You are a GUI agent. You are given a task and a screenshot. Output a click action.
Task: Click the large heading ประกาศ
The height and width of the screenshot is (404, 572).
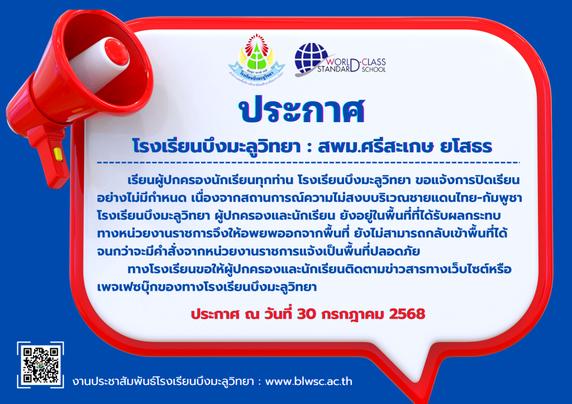pyautogui.click(x=302, y=109)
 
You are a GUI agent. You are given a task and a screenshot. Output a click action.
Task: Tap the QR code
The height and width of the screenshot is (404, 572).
pyautogui.click(x=40, y=365)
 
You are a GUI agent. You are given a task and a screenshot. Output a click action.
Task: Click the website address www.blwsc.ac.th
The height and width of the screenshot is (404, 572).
pyautogui.click(x=308, y=382)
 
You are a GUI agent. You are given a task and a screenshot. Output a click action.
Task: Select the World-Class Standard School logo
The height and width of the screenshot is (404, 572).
pyautogui.click(x=340, y=59)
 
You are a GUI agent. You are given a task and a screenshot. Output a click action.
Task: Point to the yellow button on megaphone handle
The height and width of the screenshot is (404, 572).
pyautogui.click(x=58, y=154)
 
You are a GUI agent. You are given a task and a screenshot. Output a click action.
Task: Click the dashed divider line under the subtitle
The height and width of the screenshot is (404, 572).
pyautogui.click(x=308, y=162)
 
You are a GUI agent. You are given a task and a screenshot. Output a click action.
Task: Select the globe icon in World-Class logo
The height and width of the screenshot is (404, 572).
pyautogui.click(x=311, y=58)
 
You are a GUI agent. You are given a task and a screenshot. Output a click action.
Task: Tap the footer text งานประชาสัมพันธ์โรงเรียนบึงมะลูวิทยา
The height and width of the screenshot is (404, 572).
pyautogui.click(x=163, y=382)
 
